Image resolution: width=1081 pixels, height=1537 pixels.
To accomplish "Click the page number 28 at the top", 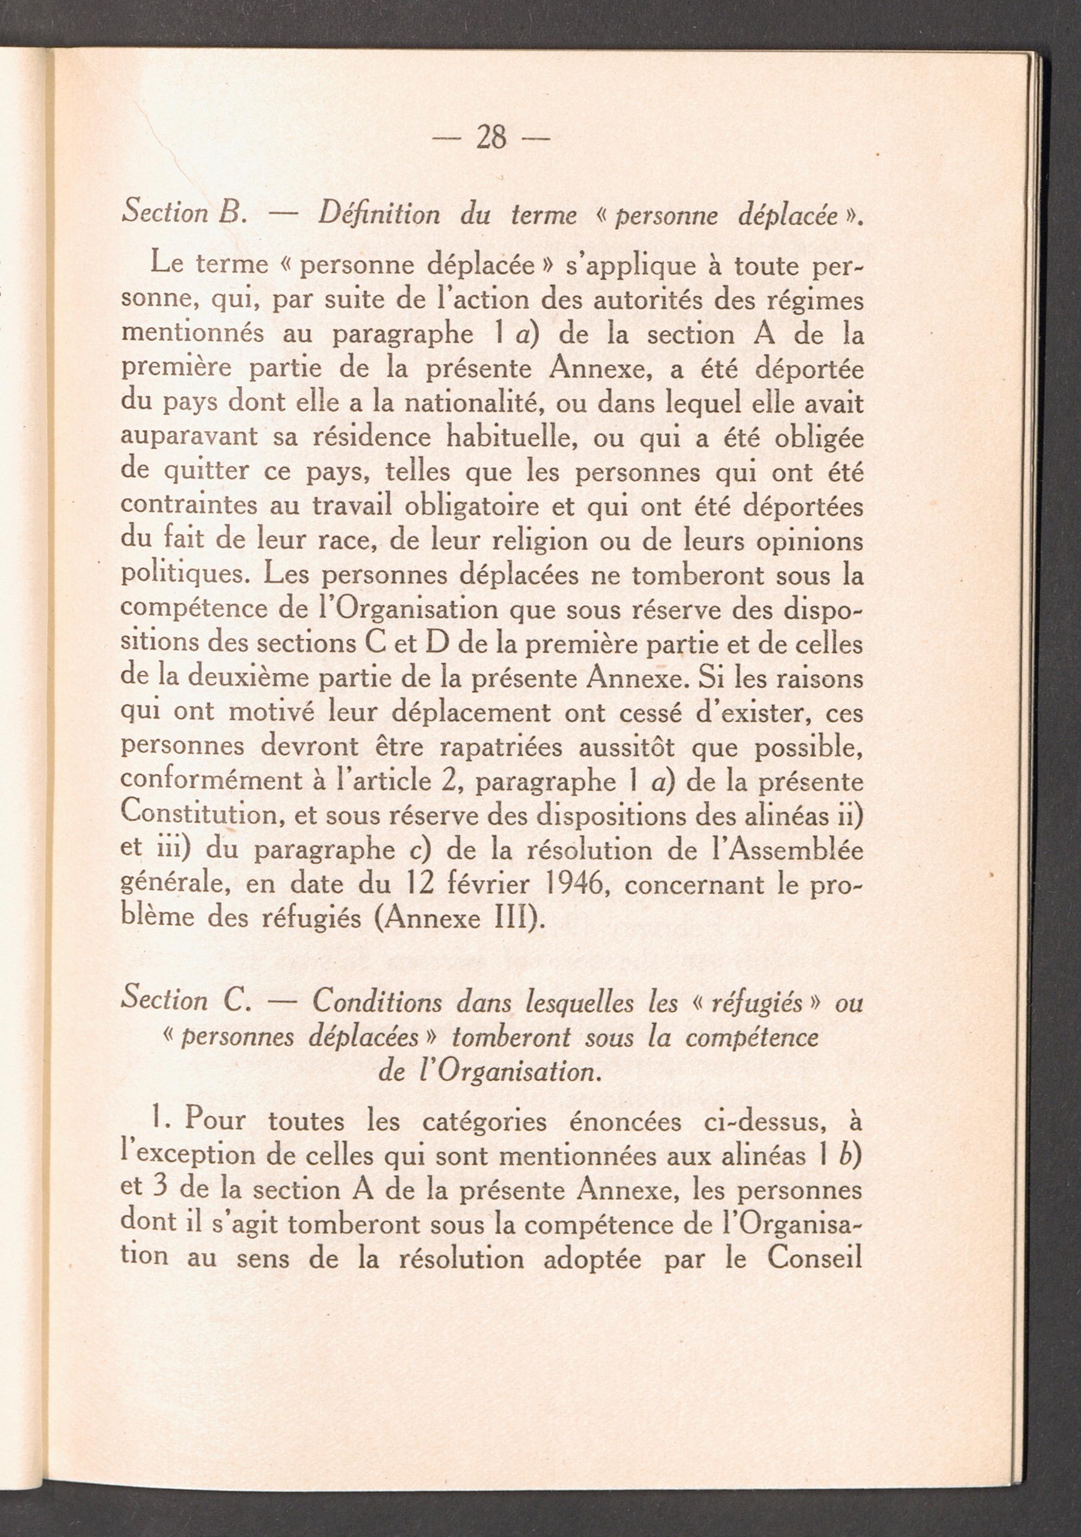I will (491, 138).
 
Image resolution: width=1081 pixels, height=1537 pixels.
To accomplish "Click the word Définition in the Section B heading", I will (379, 215).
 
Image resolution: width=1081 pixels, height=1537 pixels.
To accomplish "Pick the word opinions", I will (809, 541).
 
